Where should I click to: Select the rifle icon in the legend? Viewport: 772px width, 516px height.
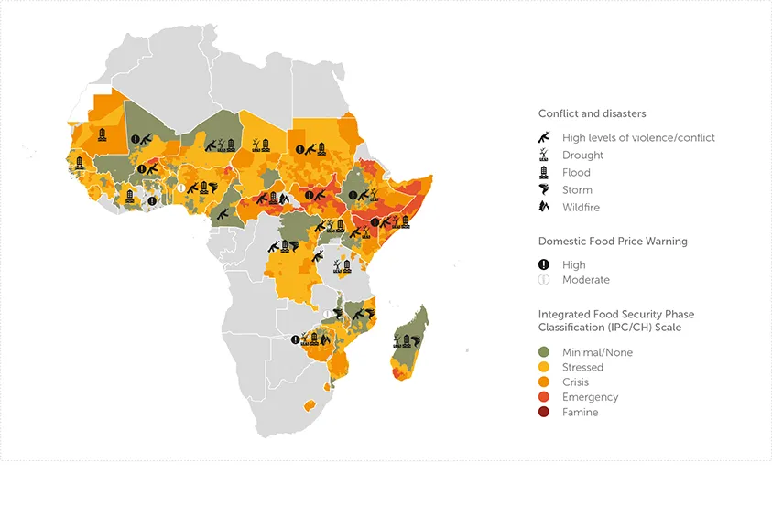(544, 137)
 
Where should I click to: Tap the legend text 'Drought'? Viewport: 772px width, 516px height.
(582, 156)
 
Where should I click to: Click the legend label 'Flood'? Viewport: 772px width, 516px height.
(576, 173)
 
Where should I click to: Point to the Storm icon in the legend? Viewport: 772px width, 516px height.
(544, 190)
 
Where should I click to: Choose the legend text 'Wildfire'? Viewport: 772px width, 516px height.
(582, 208)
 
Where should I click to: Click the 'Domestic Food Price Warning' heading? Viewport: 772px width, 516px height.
(613, 242)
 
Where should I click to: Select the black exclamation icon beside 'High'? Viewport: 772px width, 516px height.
(544, 265)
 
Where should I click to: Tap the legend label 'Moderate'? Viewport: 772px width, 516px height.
(585, 280)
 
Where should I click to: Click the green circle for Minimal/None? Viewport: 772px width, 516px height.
(544, 352)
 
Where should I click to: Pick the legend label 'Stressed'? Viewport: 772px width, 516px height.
(582, 368)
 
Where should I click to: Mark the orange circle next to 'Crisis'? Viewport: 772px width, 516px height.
(544, 382)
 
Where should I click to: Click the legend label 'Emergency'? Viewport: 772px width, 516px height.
(590, 397)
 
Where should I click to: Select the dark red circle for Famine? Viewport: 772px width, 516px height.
(544, 413)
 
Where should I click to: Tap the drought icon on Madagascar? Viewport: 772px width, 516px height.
(397, 340)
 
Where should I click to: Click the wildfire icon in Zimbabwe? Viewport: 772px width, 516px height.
(324, 339)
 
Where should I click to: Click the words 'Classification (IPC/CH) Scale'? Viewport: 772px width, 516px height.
(609, 327)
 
